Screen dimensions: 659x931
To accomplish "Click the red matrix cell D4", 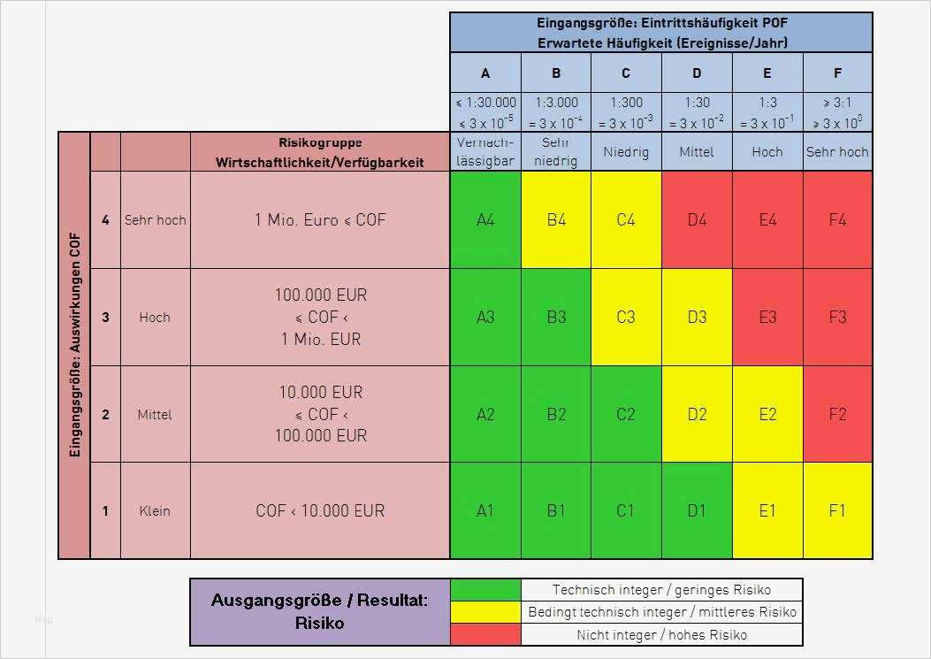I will (697, 219).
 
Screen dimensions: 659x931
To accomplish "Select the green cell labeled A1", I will (485, 510).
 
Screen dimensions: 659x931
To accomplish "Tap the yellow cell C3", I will (626, 317).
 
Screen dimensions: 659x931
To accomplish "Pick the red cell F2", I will (837, 414).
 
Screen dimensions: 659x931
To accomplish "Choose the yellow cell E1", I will (767, 510).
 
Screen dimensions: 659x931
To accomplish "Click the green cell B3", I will (556, 317).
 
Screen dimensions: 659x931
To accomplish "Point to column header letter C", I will (626, 73).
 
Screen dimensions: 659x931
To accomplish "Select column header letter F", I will (837, 73).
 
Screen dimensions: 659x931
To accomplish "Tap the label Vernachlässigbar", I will (485, 151).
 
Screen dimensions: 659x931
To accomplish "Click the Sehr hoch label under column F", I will (837, 152).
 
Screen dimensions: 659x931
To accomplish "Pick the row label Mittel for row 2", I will (155, 414).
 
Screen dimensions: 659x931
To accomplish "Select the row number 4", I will (105, 219).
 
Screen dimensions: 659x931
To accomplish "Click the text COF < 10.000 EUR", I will (320, 510).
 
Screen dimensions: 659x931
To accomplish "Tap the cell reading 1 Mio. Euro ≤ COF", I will (320, 219).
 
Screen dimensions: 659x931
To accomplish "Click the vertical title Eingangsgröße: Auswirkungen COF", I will (74, 345).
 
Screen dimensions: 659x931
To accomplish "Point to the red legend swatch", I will (485, 634).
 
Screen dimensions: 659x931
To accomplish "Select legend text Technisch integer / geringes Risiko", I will (661, 589).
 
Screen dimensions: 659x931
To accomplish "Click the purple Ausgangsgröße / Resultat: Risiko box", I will (320, 611).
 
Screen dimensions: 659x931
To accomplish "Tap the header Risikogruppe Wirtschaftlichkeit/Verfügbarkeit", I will (320, 152).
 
